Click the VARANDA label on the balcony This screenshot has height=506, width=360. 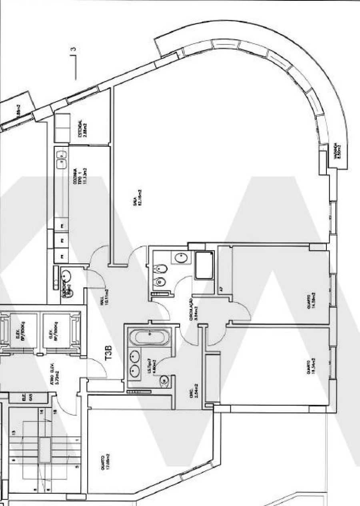tap(339, 152)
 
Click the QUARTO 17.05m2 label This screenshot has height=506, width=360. tap(106, 462)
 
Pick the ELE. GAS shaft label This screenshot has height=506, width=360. tap(27, 397)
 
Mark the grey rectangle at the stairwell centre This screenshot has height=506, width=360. tap(45, 450)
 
